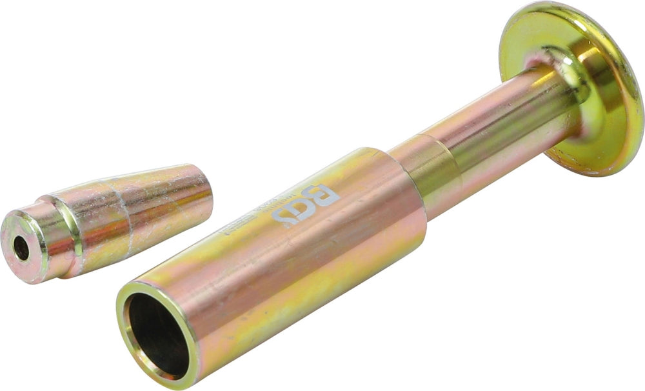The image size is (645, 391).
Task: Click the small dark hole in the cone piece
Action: click(x=21, y=248)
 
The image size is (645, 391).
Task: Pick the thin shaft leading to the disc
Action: click(x=497, y=129)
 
